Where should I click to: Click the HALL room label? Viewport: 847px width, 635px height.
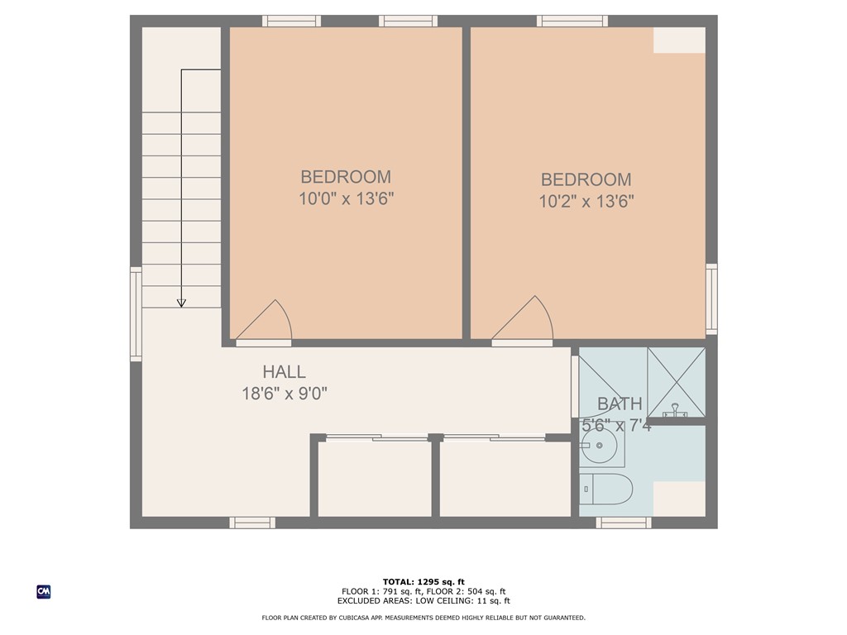pos(284,372)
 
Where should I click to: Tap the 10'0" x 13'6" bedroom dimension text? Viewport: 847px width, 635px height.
pos(346,199)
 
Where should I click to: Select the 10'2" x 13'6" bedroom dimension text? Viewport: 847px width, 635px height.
pos(586,202)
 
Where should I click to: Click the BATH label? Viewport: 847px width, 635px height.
pos(620,404)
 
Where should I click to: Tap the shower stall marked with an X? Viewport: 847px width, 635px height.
pos(676,381)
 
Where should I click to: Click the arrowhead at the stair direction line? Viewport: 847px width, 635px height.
pos(181,303)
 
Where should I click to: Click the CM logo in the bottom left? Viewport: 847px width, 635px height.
pos(44,591)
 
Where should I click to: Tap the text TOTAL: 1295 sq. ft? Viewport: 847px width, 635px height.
pos(423,581)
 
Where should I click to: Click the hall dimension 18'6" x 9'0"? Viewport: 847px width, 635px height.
pos(285,394)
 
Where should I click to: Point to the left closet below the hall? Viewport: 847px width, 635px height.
pos(375,480)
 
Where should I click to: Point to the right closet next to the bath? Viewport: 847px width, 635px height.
pos(505,480)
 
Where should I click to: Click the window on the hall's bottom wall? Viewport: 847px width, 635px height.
pos(252,523)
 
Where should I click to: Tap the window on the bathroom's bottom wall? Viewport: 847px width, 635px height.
pos(624,523)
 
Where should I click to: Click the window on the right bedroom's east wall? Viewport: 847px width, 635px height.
pos(711,299)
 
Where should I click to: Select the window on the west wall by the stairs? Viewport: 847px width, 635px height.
pos(136,314)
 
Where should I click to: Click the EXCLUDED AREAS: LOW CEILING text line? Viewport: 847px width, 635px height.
pos(423,601)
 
